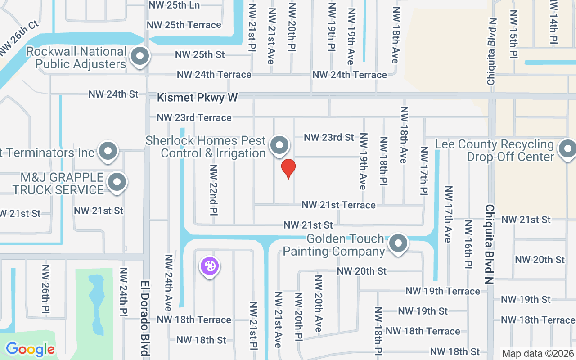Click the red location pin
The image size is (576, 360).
(x=288, y=168)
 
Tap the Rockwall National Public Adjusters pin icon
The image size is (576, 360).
(x=140, y=57)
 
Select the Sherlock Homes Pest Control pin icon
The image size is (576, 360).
(x=279, y=146)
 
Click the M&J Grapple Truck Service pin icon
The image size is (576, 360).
(x=117, y=183)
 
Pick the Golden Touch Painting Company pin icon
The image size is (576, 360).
(x=398, y=244)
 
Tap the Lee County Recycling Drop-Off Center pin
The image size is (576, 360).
(x=566, y=149)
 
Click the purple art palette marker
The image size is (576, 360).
(x=209, y=266)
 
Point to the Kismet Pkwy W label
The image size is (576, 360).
(x=197, y=97)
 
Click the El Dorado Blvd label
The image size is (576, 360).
(x=144, y=318)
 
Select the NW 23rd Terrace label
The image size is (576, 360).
(x=194, y=118)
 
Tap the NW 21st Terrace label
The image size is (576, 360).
(x=338, y=205)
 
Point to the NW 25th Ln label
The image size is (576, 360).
(x=174, y=5)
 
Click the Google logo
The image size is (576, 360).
(x=30, y=349)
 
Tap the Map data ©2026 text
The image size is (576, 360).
(x=537, y=354)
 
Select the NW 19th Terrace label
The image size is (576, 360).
(x=443, y=291)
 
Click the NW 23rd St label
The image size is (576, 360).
(x=329, y=137)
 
